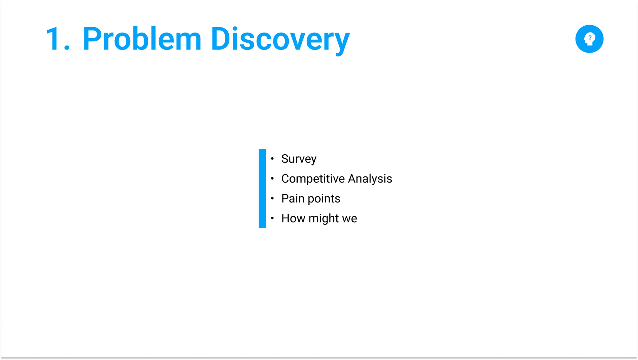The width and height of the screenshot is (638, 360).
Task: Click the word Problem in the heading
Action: click(x=142, y=39)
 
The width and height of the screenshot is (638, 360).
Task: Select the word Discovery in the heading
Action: click(x=280, y=40)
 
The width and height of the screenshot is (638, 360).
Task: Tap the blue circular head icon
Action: click(x=589, y=39)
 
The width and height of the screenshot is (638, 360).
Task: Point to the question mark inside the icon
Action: click(x=590, y=38)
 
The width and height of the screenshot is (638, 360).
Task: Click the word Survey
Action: click(x=299, y=159)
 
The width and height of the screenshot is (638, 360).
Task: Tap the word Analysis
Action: click(x=370, y=179)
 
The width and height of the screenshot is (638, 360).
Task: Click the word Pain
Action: click(x=293, y=198)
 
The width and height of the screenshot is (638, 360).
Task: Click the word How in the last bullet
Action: click(x=293, y=218)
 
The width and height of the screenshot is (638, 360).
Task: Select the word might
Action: click(x=324, y=219)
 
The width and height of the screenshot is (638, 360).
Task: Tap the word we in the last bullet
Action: click(x=350, y=219)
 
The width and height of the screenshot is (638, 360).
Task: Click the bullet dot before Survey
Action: click(x=272, y=159)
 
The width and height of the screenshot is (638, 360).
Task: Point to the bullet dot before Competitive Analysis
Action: click(x=272, y=179)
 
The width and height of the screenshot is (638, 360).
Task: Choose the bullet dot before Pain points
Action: click(x=272, y=198)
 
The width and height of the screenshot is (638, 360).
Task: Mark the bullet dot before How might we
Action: click(x=272, y=218)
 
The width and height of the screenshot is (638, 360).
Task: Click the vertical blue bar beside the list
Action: click(x=262, y=188)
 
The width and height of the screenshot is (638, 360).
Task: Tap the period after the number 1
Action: click(x=67, y=48)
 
